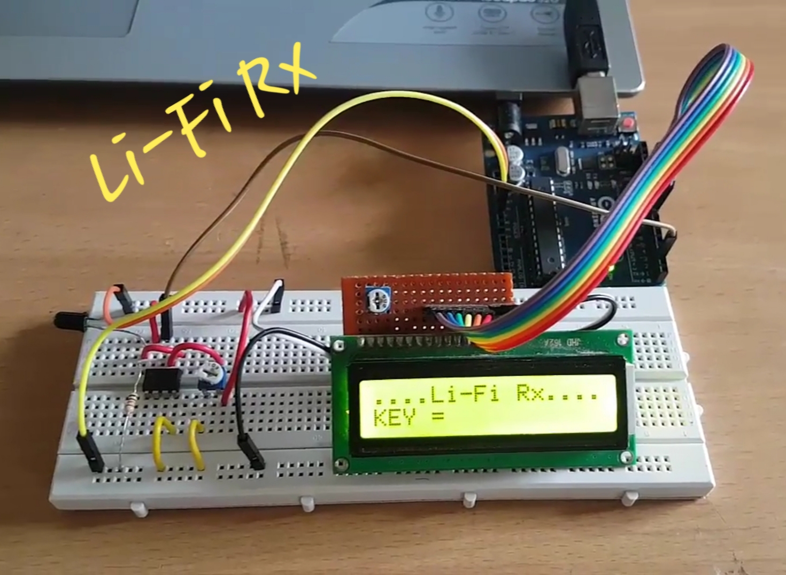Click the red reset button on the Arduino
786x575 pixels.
[x=629, y=124]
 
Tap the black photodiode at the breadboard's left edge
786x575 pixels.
[x=68, y=320]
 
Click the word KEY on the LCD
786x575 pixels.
[x=395, y=417]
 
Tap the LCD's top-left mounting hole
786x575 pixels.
[x=338, y=346]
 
